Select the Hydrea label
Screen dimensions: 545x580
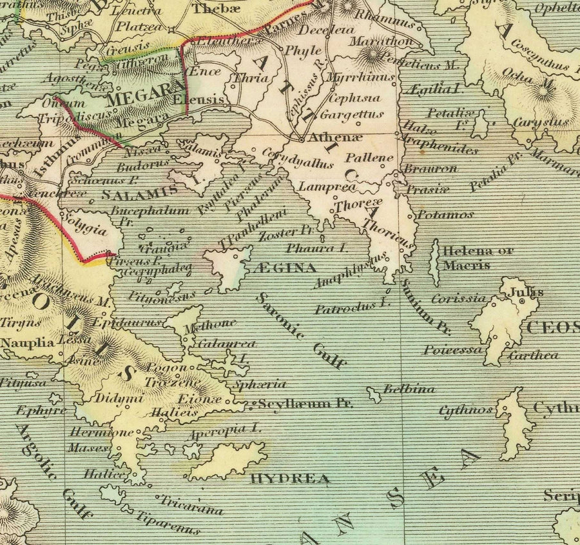coord(290,479)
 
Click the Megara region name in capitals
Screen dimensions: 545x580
coord(140,99)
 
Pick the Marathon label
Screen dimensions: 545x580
coord(381,41)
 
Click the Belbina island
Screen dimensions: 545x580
coord(373,393)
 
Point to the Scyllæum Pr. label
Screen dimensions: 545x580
coord(305,404)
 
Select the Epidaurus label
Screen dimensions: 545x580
coord(126,322)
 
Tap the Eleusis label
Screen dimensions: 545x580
coord(204,99)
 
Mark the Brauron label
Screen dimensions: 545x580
coord(430,168)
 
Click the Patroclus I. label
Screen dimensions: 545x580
coord(353,306)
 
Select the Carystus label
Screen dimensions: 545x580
coord(540,122)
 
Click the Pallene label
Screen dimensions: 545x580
coord(369,157)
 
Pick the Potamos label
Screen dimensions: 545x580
coord(446,214)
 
